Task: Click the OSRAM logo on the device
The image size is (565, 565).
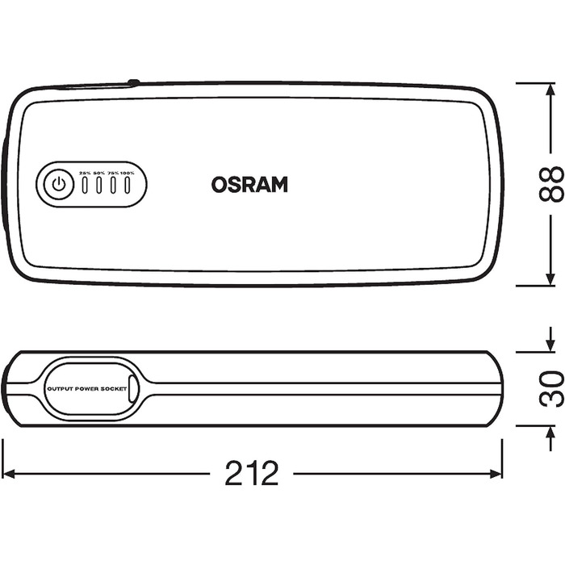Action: tap(249, 184)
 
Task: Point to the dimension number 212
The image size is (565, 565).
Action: tap(252, 473)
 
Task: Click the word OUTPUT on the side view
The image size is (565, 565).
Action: tap(60, 389)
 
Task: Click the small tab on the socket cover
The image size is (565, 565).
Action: tap(134, 389)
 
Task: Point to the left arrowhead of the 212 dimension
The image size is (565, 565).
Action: tap(8, 473)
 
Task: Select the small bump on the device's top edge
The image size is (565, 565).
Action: tap(133, 82)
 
